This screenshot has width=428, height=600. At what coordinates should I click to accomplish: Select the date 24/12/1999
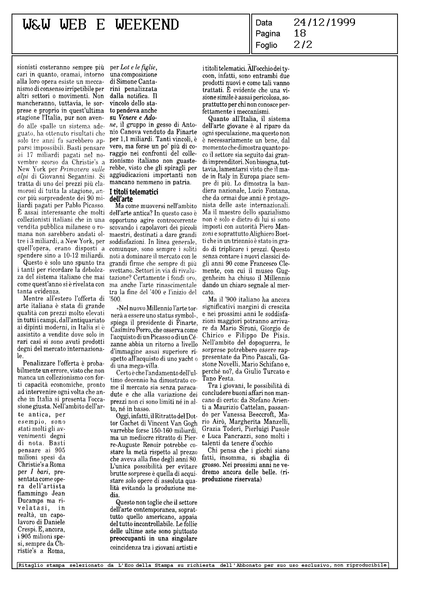click(324, 23)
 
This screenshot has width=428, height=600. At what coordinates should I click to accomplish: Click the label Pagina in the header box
click(268, 34)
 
